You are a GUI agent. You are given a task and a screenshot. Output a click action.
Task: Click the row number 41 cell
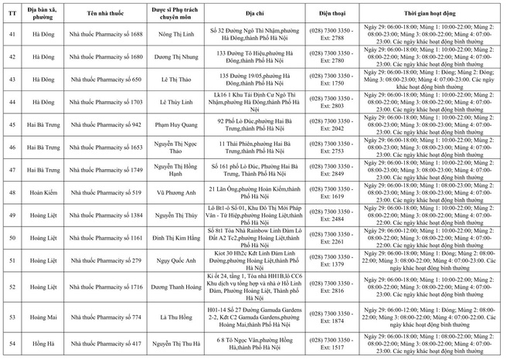point(11,35)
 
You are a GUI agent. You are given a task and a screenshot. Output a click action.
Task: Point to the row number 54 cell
point(11,343)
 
